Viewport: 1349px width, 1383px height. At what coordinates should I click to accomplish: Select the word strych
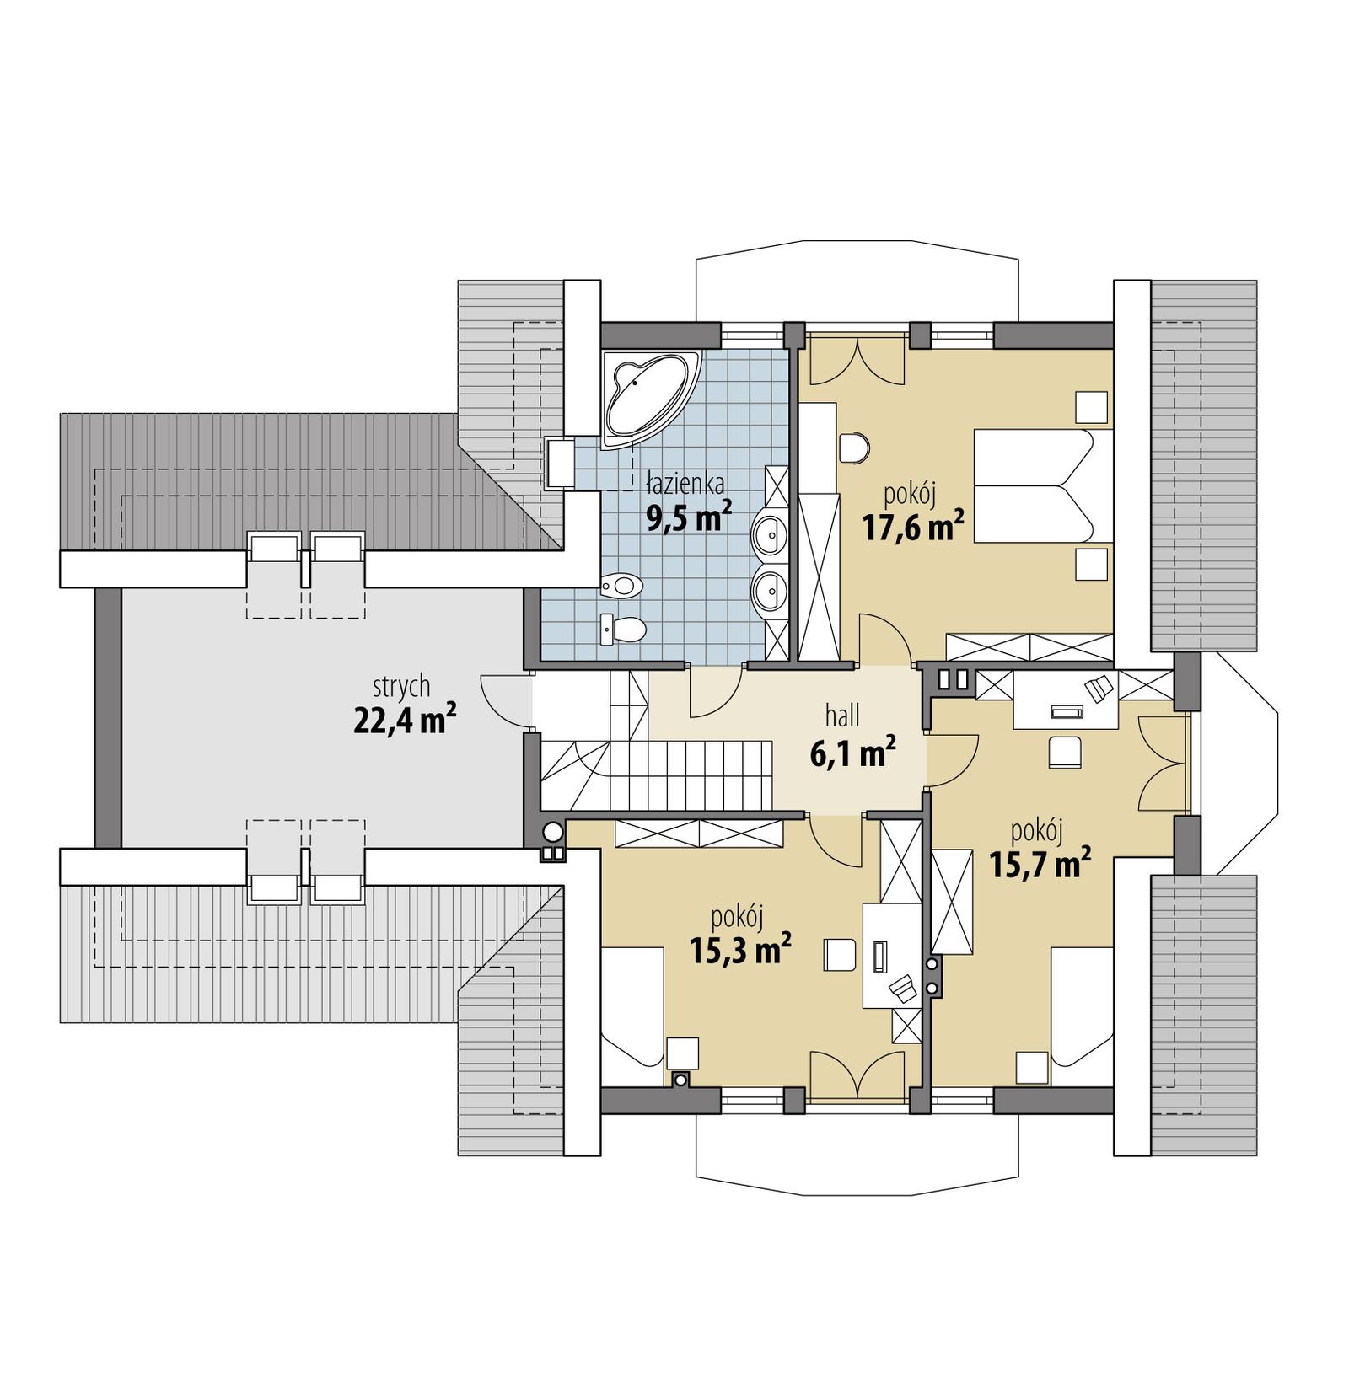401,686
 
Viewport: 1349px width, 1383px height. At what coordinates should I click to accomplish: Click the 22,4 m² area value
405,721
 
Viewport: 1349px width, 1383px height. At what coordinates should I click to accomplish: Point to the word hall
842,716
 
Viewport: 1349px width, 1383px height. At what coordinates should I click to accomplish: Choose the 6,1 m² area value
852,753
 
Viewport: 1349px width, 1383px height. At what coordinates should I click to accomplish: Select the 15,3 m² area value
739,950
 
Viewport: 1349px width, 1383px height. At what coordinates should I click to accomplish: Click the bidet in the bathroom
621,583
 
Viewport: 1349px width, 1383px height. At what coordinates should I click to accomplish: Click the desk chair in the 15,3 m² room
840,956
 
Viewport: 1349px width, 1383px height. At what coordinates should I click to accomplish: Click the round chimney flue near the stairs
552,833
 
